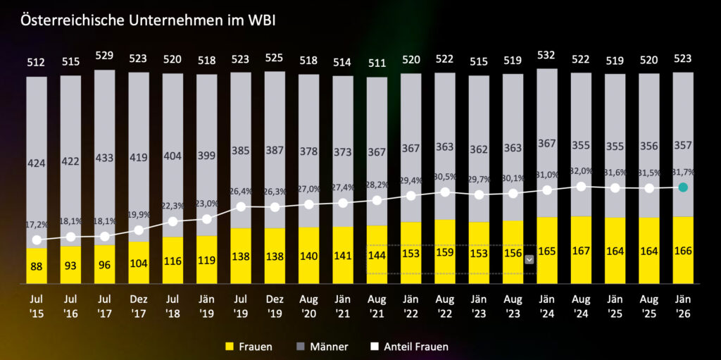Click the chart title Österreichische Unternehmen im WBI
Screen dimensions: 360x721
pos(147,20)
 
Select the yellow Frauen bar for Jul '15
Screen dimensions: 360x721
pos(37,265)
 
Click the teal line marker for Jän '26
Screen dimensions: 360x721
pos(683,187)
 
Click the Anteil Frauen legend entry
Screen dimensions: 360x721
pos(408,347)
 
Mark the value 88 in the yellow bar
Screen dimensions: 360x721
pos(37,267)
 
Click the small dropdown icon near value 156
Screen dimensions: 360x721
pos(529,259)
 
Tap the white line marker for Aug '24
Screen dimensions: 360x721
pos(581,187)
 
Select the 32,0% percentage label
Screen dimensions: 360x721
pos(581,171)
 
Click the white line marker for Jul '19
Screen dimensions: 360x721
pos(241,207)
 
